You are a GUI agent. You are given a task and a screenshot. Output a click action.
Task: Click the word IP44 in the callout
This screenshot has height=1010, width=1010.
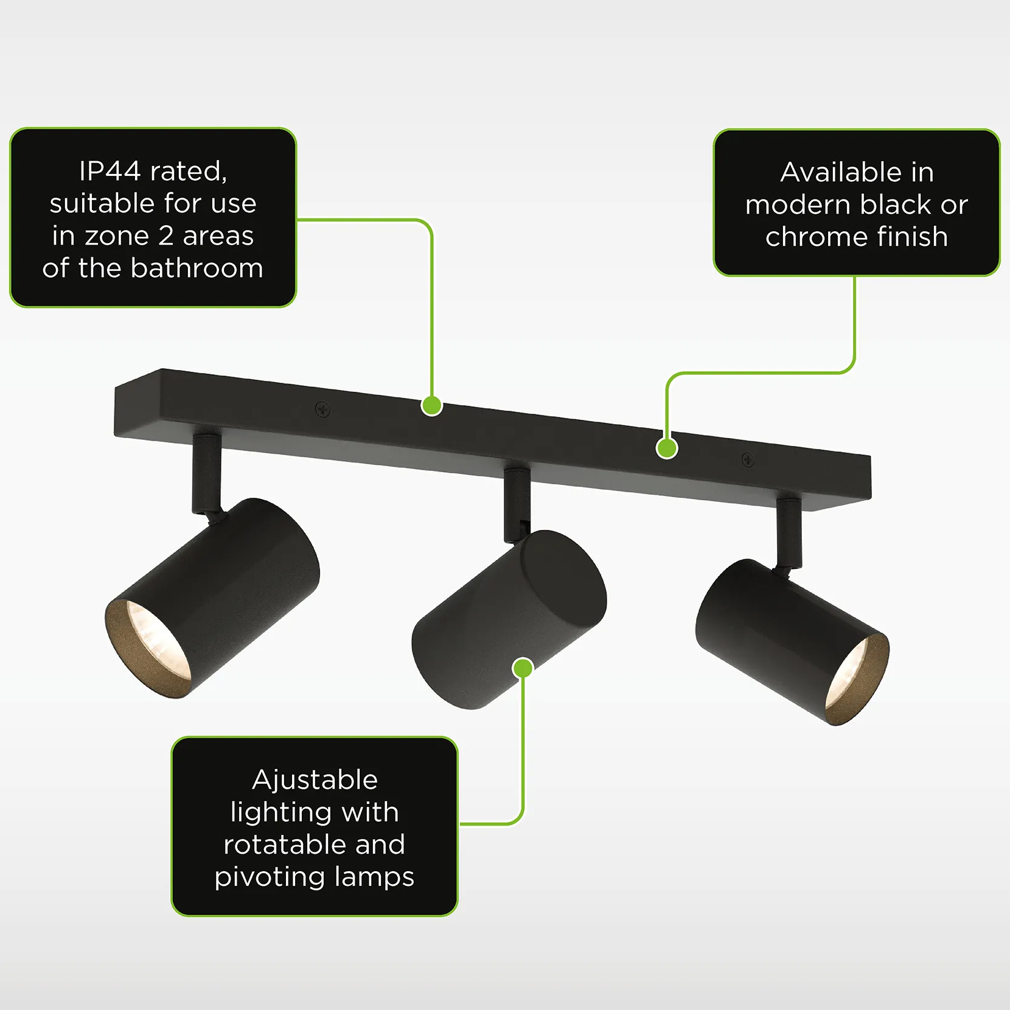click(110, 172)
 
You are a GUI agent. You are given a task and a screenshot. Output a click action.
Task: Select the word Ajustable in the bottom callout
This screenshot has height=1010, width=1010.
click(315, 781)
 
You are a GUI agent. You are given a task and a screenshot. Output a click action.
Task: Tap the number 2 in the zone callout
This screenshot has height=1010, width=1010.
click(165, 236)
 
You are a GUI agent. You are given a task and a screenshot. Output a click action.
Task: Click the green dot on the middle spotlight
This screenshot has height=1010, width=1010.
click(523, 668)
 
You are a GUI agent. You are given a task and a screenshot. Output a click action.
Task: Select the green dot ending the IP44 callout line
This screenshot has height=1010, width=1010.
click(432, 405)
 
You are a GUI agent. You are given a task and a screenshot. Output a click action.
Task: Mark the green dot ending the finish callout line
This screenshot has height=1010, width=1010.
click(667, 448)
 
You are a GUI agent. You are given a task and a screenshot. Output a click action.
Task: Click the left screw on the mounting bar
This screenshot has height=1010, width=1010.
click(322, 409)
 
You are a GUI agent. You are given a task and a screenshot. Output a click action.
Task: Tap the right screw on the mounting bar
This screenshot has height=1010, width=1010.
click(748, 461)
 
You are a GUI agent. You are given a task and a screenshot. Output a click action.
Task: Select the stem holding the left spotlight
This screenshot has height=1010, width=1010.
click(206, 473)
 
